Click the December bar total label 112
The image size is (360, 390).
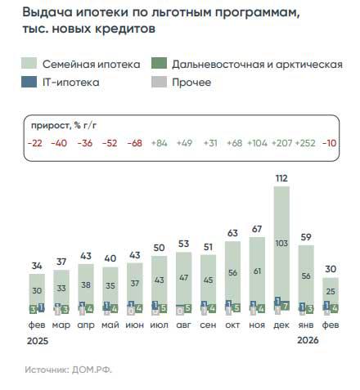[x=281, y=176]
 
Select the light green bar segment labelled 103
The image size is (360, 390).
[x=281, y=243]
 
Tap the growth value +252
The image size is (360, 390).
[x=304, y=143]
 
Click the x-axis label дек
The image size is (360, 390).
[x=281, y=325]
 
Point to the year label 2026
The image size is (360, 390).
[x=307, y=339]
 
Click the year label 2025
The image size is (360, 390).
[x=34, y=339]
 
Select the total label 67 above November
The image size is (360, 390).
[x=256, y=227]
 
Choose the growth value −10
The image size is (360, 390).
[x=331, y=143]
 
